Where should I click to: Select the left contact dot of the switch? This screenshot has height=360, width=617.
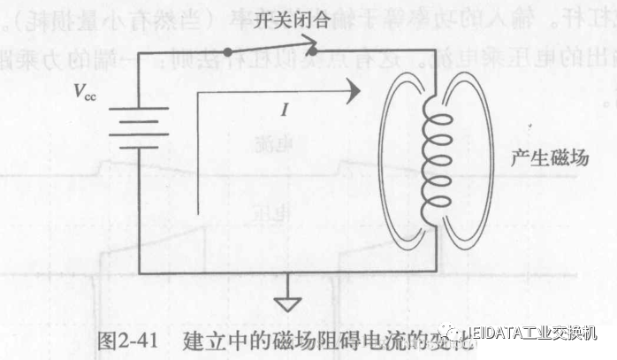(x=227, y=52)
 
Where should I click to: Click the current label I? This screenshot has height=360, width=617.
(x=285, y=111)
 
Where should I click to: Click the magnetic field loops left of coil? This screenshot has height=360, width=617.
(x=394, y=159)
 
